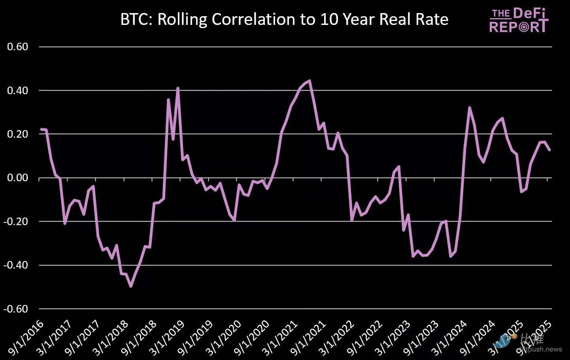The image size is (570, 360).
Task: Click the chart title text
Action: coord(284,19)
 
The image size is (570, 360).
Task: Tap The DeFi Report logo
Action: coord(519,21)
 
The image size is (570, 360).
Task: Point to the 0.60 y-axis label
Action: coord(18,47)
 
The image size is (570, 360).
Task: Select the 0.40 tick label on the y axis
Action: coord(18,91)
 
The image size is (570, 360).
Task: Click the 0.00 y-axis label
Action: coord(18,178)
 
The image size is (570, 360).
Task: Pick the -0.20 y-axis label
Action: coord(16,222)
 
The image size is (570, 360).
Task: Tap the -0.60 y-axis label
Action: coord(16,309)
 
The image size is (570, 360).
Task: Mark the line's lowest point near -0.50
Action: coord(131,286)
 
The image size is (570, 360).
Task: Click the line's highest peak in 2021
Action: coord(310,81)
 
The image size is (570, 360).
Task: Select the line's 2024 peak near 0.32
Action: coord(469,108)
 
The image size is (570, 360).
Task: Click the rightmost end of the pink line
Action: coord(549,150)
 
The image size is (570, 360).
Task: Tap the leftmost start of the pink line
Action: coord(41,129)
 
